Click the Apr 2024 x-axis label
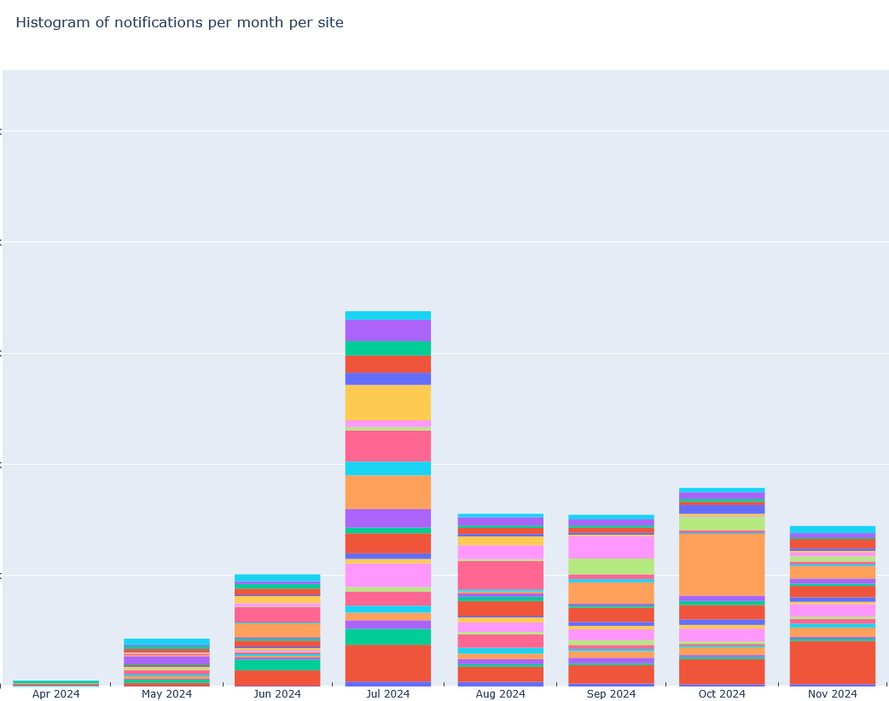pyautogui.click(x=56, y=694)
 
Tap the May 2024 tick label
pyautogui.click(x=166, y=694)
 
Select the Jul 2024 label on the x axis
pyautogui.click(x=388, y=694)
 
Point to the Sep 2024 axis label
pyautogui.click(x=611, y=694)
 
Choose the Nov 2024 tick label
pyautogui.click(x=833, y=694)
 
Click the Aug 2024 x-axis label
pyautogui.click(x=500, y=694)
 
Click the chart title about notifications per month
pyautogui.click(x=179, y=23)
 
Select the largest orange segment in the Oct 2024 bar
pyautogui.click(x=722, y=565)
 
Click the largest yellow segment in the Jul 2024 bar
pyautogui.click(x=388, y=403)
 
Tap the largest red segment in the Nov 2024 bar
pyautogui.click(x=833, y=662)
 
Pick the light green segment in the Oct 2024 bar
pyautogui.click(x=722, y=522)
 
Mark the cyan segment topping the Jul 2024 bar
pyautogui.click(x=388, y=316)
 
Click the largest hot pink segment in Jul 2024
pyautogui.click(x=388, y=446)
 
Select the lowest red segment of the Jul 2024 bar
pyautogui.click(x=388, y=663)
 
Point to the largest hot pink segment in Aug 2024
pyautogui.click(x=500, y=575)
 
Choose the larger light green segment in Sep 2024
pyautogui.click(x=611, y=566)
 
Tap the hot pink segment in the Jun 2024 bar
pyautogui.click(x=277, y=614)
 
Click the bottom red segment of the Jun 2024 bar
pyautogui.click(x=277, y=677)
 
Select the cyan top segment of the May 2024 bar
pyautogui.click(x=166, y=642)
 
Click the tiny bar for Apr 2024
pyautogui.click(x=56, y=683)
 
